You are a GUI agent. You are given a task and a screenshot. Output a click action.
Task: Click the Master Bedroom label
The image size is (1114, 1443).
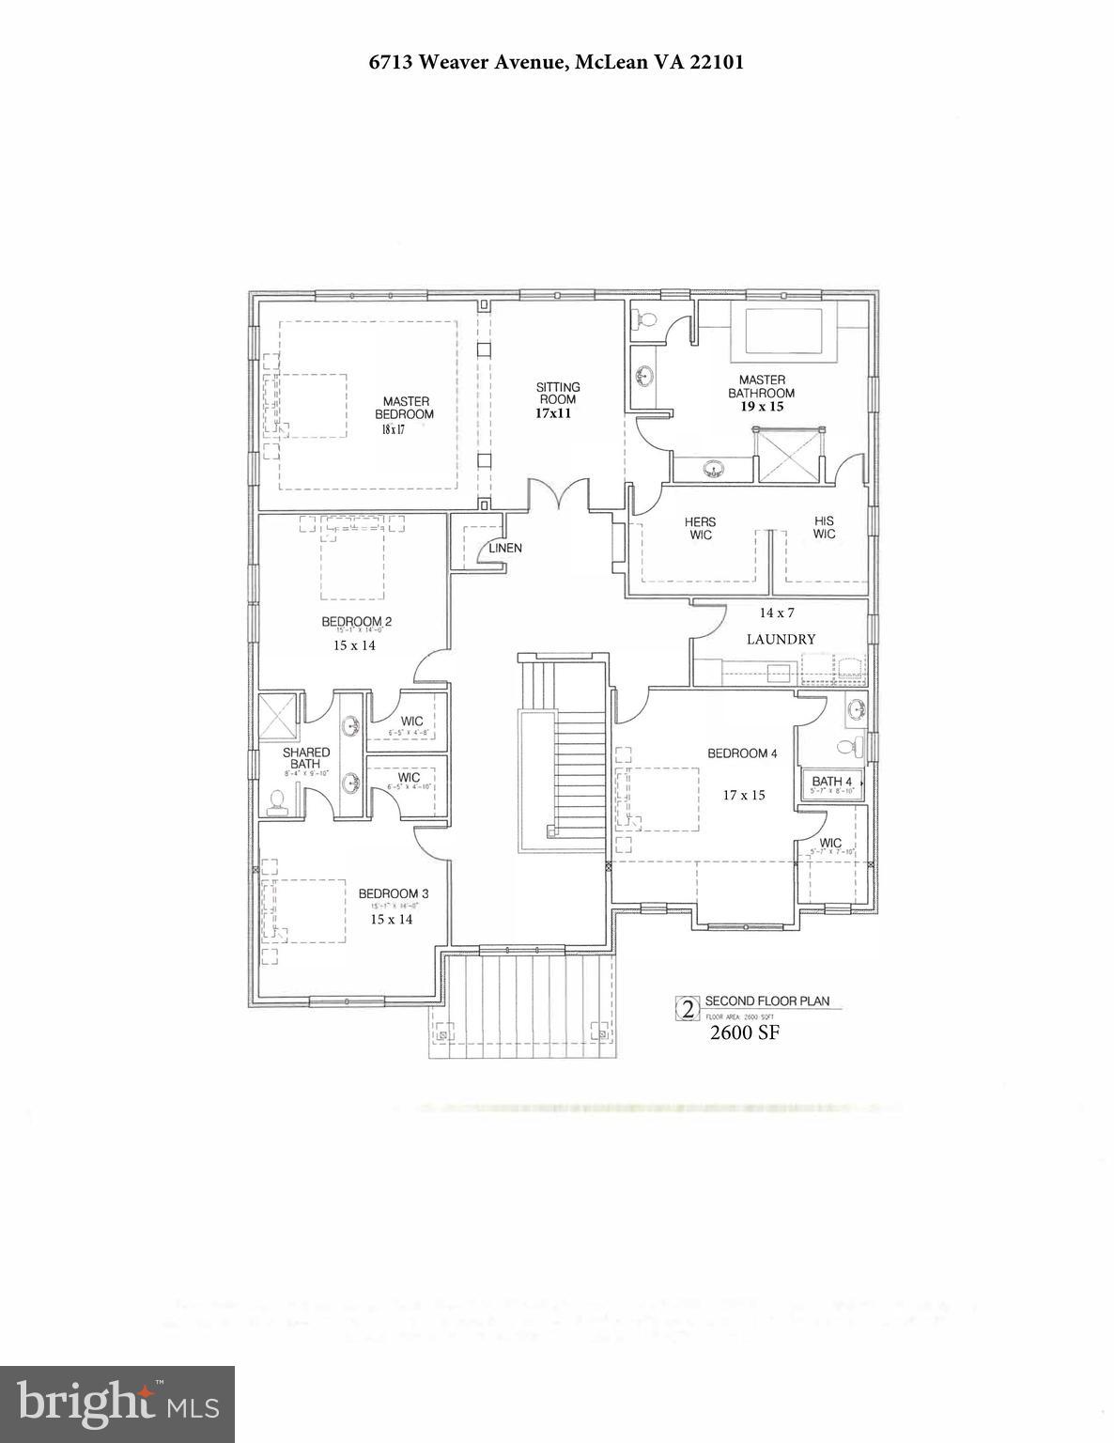tap(405, 408)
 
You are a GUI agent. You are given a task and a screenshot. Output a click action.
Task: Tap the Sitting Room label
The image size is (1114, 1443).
tap(558, 393)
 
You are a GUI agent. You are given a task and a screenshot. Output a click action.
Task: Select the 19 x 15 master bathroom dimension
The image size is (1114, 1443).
tap(761, 407)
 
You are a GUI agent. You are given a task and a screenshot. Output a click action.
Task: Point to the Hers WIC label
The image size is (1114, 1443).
tap(700, 528)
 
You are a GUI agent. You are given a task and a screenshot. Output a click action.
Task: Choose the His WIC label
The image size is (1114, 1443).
tap(824, 527)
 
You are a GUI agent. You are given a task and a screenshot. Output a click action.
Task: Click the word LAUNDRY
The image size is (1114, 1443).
tap(781, 639)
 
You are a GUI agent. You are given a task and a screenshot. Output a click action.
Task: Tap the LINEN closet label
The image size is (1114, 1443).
tap(504, 548)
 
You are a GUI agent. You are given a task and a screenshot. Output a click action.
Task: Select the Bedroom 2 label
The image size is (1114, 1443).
tap(356, 621)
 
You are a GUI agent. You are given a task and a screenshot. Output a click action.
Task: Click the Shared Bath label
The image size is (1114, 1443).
tap(306, 758)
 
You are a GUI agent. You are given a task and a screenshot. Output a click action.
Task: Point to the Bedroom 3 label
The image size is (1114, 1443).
tap(394, 893)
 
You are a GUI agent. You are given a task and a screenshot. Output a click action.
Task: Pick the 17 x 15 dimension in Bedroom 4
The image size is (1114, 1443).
tap(744, 795)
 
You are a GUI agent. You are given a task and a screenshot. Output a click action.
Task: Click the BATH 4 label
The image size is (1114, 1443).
tap(832, 781)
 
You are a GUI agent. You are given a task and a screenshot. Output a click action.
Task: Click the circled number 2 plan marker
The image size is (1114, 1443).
tap(688, 1009)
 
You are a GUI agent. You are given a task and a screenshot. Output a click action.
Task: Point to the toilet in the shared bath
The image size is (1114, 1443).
tap(277, 799)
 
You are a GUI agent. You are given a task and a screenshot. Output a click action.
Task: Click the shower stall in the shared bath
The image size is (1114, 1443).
tap(278, 716)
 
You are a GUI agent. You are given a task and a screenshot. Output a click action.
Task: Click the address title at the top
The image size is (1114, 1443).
tap(556, 63)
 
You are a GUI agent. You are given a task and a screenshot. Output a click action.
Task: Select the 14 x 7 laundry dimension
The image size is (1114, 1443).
tap(777, 613)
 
